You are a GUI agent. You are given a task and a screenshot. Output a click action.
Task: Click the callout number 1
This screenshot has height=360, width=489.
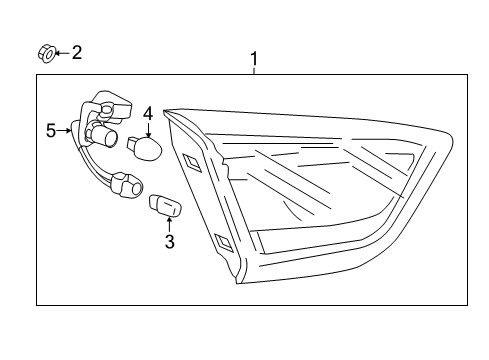pyautogui.click(x=254, y=59)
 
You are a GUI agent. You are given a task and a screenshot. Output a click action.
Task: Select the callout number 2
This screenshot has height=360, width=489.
pyautogui.click(x=77, y=53)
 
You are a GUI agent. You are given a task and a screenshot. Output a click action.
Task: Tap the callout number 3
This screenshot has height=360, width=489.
pyautogui.click(x=170, y=242)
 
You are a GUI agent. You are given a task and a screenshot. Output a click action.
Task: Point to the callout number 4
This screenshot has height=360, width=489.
pyautogui.click(x=148, y=114)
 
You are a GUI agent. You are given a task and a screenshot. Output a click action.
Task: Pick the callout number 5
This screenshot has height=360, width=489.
pyautogui.click(x=51, y=131)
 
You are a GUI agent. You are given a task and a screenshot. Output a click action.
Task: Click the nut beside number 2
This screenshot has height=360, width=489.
pyautogui.click(x=46, y=54)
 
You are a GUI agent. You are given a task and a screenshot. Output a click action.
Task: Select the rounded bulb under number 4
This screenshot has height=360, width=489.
pyautogui.click(x=145, y=147)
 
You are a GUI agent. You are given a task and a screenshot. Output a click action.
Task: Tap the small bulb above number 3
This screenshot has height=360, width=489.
pyautogui.click(x=165, y=205)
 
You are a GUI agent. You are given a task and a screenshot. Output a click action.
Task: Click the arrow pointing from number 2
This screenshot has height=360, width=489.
pyautogui.click(x=63, y=53)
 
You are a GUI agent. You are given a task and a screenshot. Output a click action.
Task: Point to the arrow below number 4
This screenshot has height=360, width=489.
pyautogui.click(x=148, y=129)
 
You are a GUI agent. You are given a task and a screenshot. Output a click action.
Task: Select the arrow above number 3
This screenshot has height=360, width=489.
pyautogui.click(x=170, y=224)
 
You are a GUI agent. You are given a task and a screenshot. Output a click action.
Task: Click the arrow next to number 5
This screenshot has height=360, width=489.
pyautogui.click(x=64, y=131)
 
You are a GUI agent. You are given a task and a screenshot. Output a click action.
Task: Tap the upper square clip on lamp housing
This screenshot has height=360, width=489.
pyautogui.click(x=192, y=162)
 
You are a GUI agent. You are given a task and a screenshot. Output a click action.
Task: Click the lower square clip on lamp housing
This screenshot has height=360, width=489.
pyautogui.click(x=224, y=242)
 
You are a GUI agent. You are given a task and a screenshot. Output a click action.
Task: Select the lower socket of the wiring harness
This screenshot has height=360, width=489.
pyautogui.click(x=127, y=186)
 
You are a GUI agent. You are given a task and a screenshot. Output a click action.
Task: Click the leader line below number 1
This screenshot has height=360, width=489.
pyautogui.click(x=254, y=71)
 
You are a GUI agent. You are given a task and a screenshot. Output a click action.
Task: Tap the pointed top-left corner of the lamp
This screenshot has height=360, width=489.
pyautogui.click(x=163, y=110)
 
